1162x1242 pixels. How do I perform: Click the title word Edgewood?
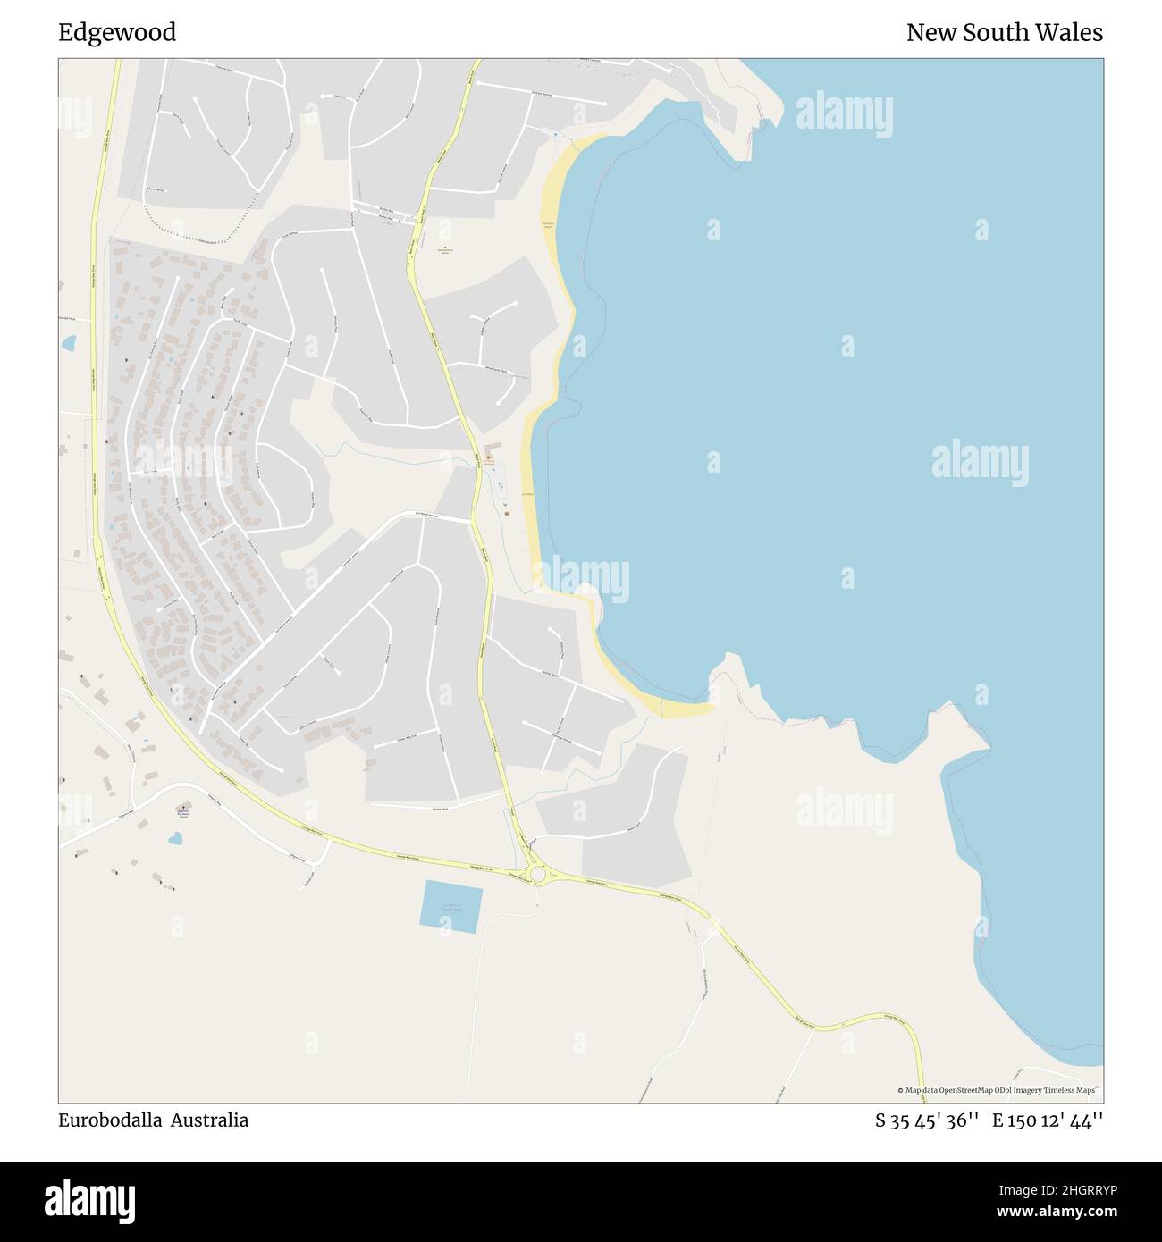(x=117, y=33)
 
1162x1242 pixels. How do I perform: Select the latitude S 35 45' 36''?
(x=927, y=1120)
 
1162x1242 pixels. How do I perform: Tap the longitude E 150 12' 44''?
(x=1048, y=1120)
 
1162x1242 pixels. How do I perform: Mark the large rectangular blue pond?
(x=451, y=907)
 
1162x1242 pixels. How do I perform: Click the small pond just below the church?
(x=175, y=839)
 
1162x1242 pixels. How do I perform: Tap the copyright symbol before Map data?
(x=901, y=1090)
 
